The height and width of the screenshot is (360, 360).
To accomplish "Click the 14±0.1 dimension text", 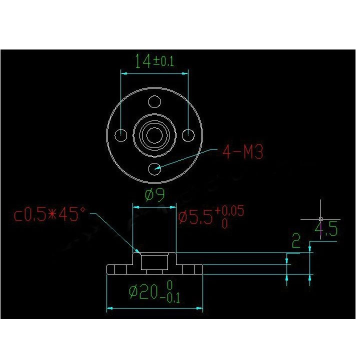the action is click(x=154, y=61).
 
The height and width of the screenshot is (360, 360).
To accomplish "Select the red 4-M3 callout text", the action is click(x=242, y=151).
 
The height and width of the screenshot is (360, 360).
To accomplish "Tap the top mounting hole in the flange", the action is click(x=155, y=102).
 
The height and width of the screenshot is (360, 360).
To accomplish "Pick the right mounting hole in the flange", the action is click(x=188, y=135).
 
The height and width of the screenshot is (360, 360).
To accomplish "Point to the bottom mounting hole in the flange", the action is click(x=155, y=168).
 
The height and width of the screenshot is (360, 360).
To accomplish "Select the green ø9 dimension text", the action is click(x=155, y=195).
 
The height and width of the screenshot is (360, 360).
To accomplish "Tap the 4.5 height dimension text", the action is click(x=325, y=230).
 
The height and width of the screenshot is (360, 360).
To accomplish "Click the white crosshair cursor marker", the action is click(x=320, y=219).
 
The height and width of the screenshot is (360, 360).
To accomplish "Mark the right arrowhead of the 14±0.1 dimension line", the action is click(x=185, y=73).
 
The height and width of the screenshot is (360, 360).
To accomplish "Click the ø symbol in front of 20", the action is click(x=133, y=291).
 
